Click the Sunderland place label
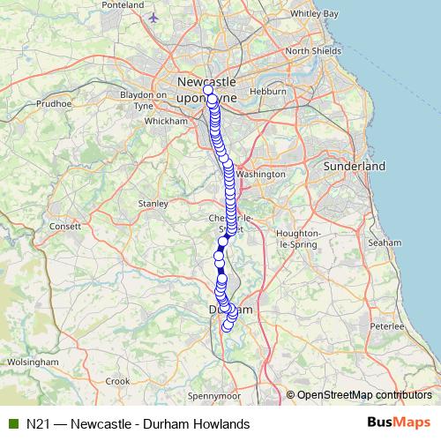(355, 166)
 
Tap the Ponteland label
(123, 5)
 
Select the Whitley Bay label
(314, 14)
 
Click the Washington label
(262, 175)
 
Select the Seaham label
(385, 242)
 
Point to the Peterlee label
(385, 325)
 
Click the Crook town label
(116, 381)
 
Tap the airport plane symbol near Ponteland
(155, 17)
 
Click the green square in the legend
(13, 424)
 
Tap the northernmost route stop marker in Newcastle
(208, 90)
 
